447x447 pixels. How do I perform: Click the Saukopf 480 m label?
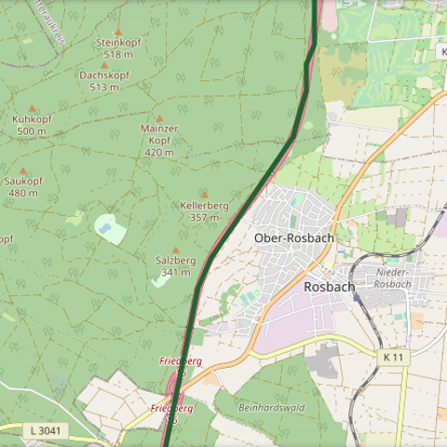point(23,187)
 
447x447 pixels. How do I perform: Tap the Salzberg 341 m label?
point(175,266)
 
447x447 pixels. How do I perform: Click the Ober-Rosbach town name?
point(293,238)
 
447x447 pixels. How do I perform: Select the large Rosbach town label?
point(329,287)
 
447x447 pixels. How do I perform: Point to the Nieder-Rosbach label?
point(391,278)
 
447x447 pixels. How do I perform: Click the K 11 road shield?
point(393,357)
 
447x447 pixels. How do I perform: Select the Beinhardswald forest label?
point(271,408)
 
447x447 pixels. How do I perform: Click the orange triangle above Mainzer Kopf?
point(159,118)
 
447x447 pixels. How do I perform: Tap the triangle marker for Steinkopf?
point(117,32)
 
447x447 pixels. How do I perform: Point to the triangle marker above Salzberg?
point(175,250)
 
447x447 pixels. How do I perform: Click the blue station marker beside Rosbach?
point(357,297)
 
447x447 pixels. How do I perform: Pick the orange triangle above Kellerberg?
point(204,195)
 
